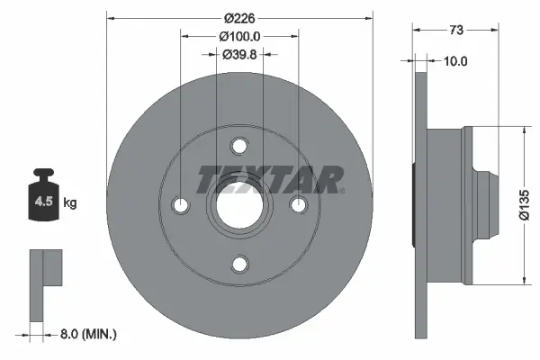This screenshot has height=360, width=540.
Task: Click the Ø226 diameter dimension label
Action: coord(239,17)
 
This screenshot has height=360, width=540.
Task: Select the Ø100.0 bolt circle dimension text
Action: coord(239,36)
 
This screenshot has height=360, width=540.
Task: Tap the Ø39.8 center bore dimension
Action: coord(239,54)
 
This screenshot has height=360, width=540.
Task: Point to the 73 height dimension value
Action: coord(455,30)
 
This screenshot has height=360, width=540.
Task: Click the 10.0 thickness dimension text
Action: coord(456,61)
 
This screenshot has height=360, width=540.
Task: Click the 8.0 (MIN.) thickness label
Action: coord(86,334)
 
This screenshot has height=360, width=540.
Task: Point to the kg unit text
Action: coord(70,203)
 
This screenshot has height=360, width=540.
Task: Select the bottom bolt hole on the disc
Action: coord(239,264)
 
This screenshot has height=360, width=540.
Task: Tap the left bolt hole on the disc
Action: coord(181,205)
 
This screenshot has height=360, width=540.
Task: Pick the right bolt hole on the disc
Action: coord(298,205)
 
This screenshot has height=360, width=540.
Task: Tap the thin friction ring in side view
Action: coord(418,205)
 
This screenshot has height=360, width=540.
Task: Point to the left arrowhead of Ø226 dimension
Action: coord(111,17)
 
